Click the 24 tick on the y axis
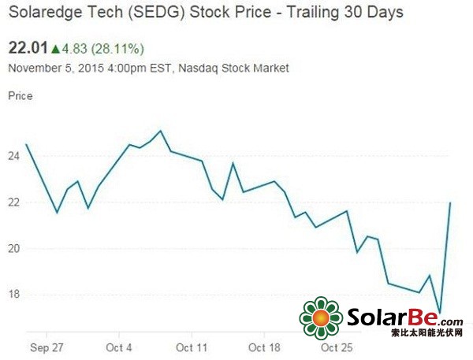13,156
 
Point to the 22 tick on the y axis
13,202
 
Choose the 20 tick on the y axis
13,248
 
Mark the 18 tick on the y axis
13,295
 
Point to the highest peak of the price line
161,131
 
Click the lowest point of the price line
439,314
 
